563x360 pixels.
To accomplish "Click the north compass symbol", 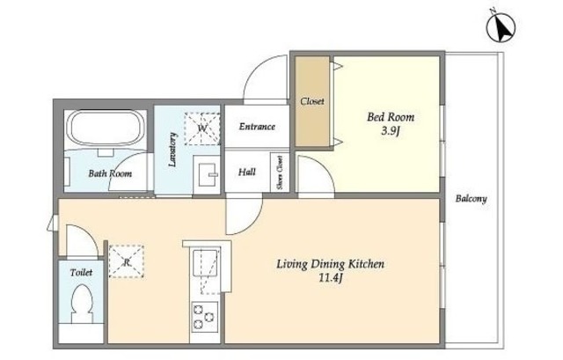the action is click(501, 27).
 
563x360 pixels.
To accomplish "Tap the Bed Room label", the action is click(391, 117).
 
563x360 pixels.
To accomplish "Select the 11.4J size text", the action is click(330, 278).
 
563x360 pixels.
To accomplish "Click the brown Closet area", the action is click(312, 101).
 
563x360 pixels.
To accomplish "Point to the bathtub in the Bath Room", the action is click(106, 129).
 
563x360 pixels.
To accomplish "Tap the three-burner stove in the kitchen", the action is click(204, 317).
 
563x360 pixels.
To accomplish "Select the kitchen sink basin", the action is click(205, 263).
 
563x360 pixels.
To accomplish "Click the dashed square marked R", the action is click(127, 261).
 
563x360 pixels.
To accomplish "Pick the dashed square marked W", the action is click(202, 129).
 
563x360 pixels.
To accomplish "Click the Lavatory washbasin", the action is click(206, 175).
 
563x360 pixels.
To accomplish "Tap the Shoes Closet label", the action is click(280, 173).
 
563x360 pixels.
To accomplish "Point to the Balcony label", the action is click(472, 198).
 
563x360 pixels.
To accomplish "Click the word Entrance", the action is click(257, 127).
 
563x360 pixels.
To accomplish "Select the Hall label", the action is click(247, 173).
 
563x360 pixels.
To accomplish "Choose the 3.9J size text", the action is click(391, 131).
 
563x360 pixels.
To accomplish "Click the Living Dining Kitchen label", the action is click(330, 264).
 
